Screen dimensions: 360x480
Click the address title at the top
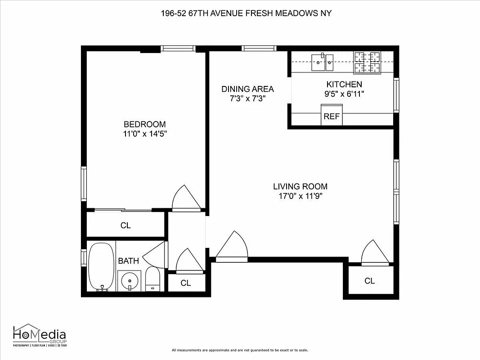pyautogui.click(x=246, y=13)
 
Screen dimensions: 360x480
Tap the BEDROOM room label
pyautogui.click(x=144, y=124)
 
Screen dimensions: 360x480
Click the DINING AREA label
pyautogui.click(x=247, y=89)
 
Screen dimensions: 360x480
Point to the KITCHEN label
pyautogui.click(x=344, y=84)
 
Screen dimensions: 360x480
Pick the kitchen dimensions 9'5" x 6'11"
pyautogui.click(x=344, y=94)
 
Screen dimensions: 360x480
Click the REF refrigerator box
pyautogui.click(x=332, y=116)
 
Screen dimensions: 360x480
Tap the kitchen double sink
pyautogui.click(x=323, y=61)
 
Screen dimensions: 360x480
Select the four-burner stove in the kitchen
pyautogui.click(x=367, y=62)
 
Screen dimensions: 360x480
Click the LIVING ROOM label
pyautogui.click(x=300, y=186)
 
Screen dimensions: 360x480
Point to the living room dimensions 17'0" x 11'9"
pyautogui.click(x=300, y=196)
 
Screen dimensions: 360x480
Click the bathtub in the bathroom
pyautogui.click(x=102, y=266)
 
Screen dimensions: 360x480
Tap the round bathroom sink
pyautogui.click(x=130, y=281)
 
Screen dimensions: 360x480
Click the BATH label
pyautogui.click(x=128, y=261)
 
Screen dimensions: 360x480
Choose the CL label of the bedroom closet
pyautogui.click(x=126, y=225)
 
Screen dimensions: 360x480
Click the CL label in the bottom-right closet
pyautogui.click(x=369, y=281)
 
